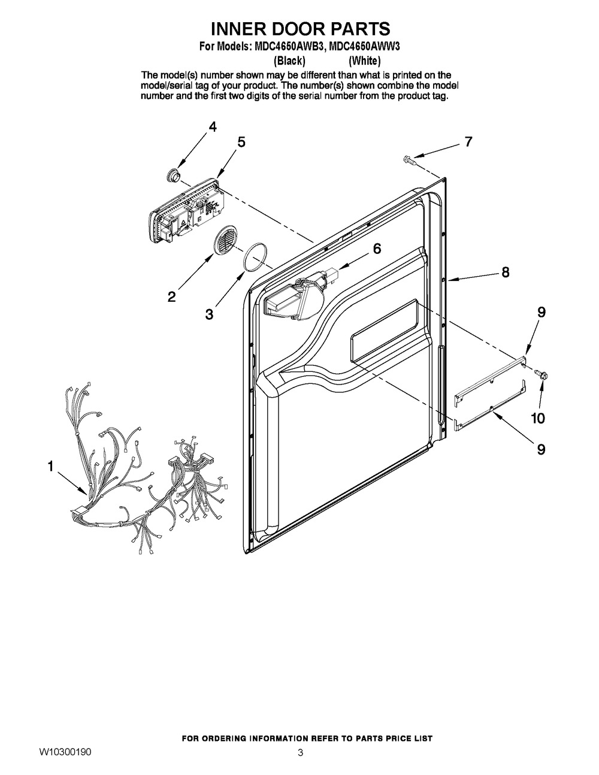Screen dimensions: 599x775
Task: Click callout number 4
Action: click(x=212, y=127)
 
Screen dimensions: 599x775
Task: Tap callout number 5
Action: click(x=241, y=143)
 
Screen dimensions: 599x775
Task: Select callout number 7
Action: click(x=468, y=141)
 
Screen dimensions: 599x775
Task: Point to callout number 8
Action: click(x=505, y=273)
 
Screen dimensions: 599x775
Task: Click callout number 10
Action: click(x=539, y=419)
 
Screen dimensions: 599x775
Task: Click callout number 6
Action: click(x=377, y=249)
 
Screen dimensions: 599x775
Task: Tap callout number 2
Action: click(x=172, y=296)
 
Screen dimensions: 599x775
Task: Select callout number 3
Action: click(x=209, y=314)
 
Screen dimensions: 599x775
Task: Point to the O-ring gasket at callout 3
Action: click(x=255, y=258)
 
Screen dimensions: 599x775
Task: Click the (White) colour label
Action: click(x=364, y=61)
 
